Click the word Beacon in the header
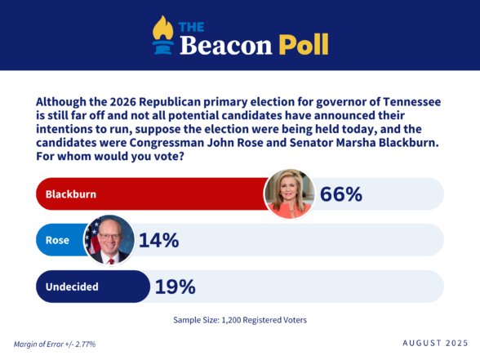point(225,46)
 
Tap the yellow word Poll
point(304,45)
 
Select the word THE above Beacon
point(191,27)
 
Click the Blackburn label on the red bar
point(71,194)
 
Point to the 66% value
point(341,194)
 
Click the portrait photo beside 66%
point(289,193)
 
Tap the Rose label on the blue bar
point(57,240)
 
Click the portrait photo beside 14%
point(109,240)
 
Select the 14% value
point(159,240)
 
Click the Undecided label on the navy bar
point(72,287)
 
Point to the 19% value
point(175,287)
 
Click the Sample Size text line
point(240,320)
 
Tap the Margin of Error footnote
point(55,344)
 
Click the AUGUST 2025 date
point(435,343)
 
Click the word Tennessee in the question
point(411,101)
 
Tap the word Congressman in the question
point(167,143)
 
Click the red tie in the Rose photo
point(111,261)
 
